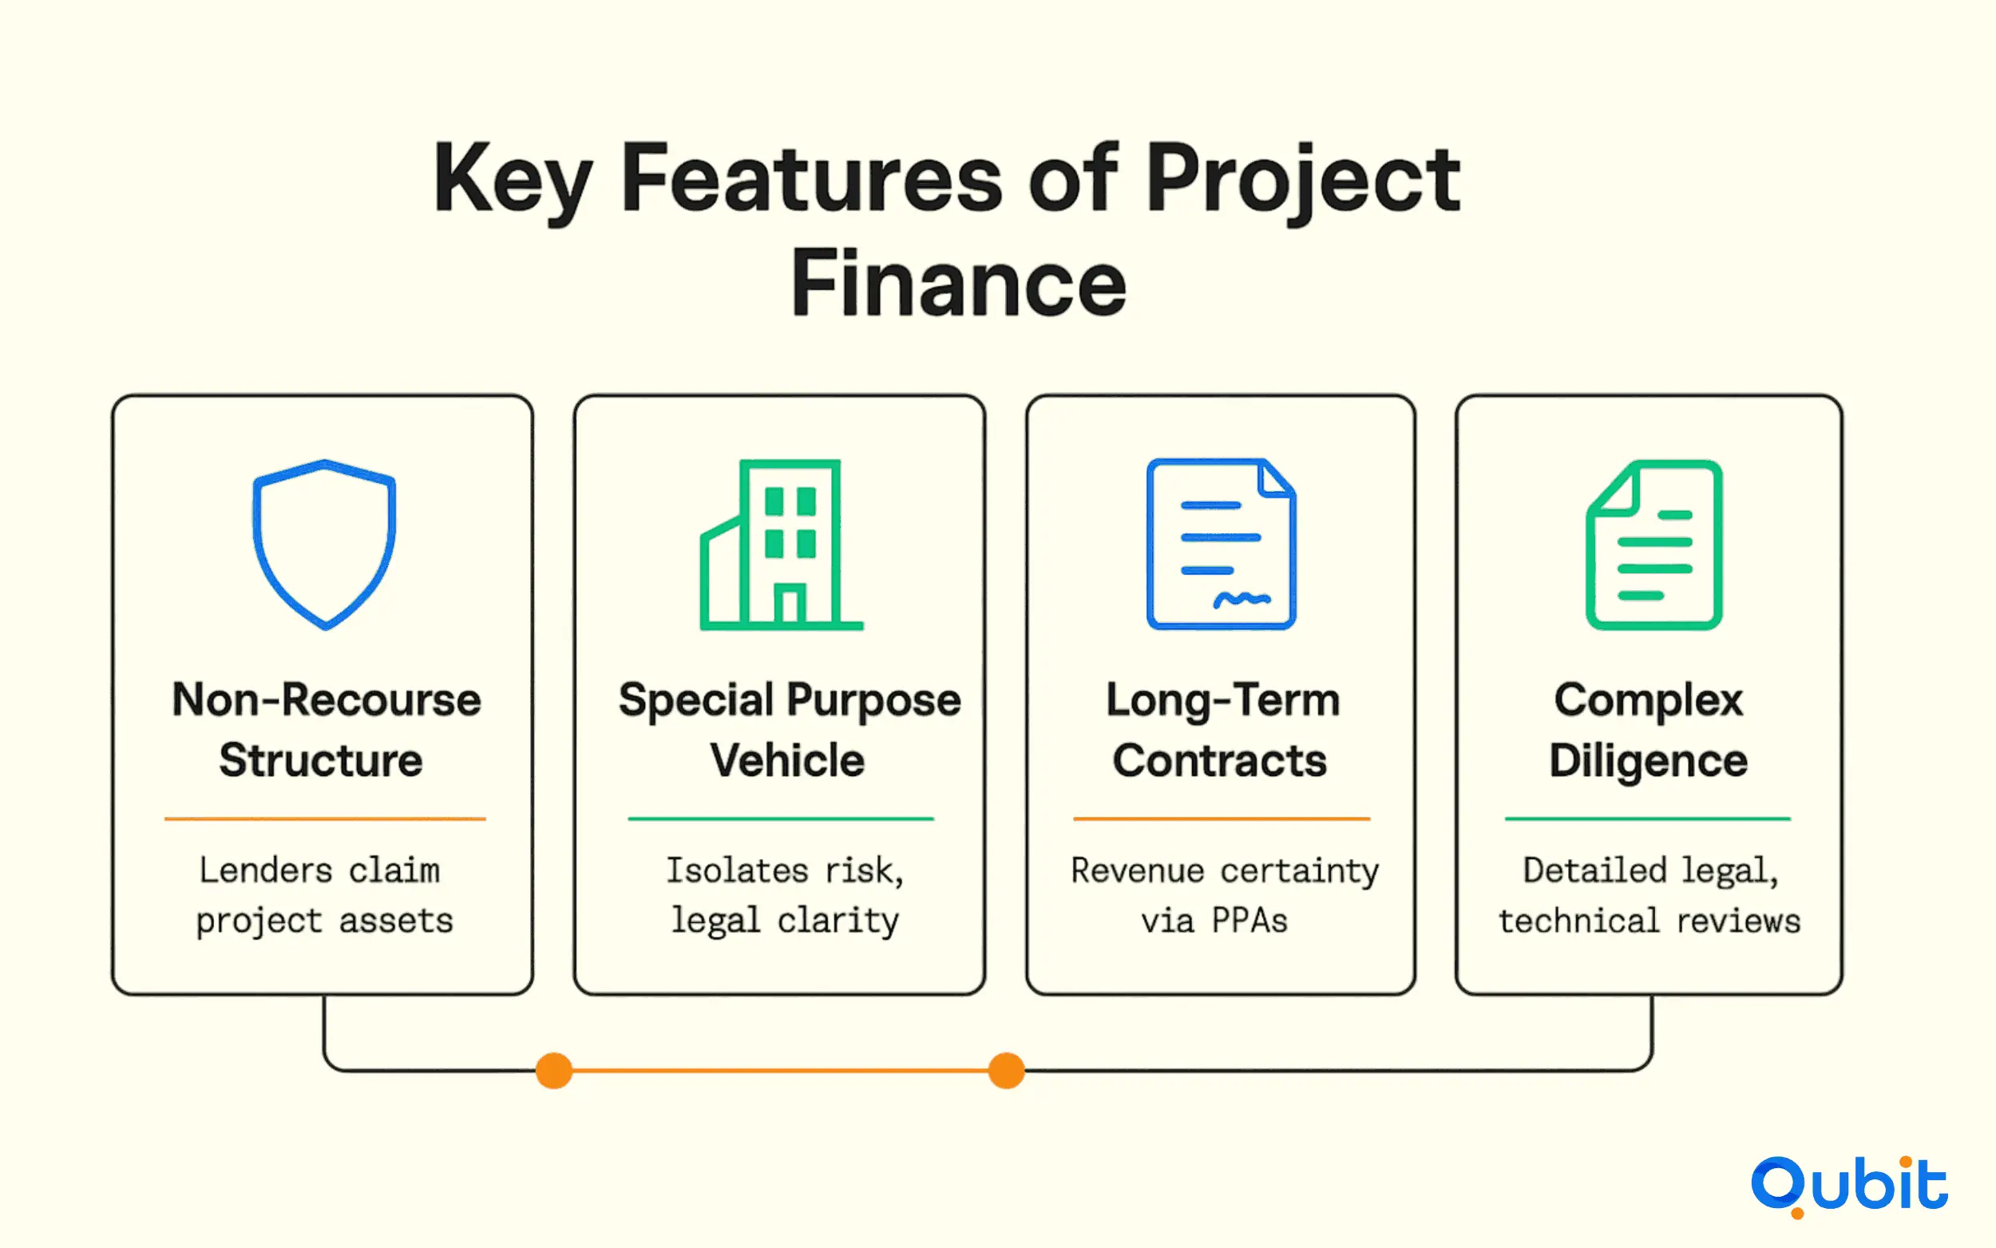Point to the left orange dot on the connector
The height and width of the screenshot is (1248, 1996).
tap(553, 1071)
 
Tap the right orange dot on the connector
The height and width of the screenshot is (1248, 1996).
tap(1006, 1071)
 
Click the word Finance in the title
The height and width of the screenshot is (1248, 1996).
tap(959, 283)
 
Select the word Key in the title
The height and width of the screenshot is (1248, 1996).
tap(513, 180)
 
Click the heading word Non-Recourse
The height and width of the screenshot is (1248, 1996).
tap(327, 700)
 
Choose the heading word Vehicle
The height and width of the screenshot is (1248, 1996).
tap(787, 760)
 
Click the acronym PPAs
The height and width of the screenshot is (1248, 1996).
tap(1249, 921)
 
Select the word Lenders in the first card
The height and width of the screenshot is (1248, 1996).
tap(266, 870)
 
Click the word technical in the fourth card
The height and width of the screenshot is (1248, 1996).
tap(1578, 921)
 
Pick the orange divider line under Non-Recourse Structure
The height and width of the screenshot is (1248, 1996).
tap(325, 818)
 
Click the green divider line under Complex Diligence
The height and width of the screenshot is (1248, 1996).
tap(1648, 818)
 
